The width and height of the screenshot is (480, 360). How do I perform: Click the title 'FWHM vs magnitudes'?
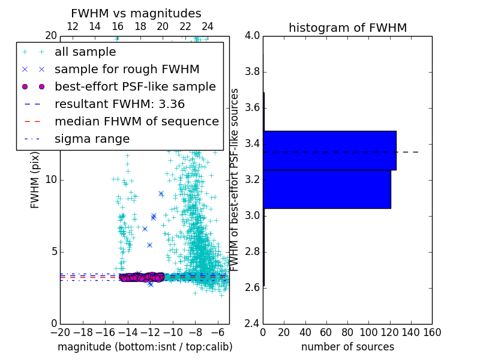pyautogui.click(x=136, y=14)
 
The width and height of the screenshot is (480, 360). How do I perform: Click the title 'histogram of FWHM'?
pyautogui.click(x=347, y=28)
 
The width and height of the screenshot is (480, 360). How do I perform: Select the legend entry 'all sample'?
pyautogui.click(x=85, y=52)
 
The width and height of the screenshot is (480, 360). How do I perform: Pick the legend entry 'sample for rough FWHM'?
pyautogui.click(x=127, y=69)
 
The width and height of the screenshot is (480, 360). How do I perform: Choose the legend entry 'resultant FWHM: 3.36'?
pyautogui.click(x=119, y=104)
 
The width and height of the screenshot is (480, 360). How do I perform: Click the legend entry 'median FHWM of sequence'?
pyautogui.click(x=136, y=121)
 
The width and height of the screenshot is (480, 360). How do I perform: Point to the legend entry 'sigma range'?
pyautogui.click(x=92, y=139)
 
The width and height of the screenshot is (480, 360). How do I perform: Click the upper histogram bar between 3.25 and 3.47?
pyautogui.click(x=329, y=150)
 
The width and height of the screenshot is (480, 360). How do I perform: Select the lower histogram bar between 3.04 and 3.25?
pyautogui.click(x=327, y=189)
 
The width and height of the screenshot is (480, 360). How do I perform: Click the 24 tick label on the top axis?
pyautogui.click(x=208, y=26)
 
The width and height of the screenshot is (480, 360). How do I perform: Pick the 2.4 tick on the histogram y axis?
pyautogui.click(x=253, y=323)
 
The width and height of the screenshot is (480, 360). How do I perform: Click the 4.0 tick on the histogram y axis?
pyautogui.click(x=253, y=36)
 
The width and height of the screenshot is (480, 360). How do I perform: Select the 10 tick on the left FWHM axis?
pyautogui.click(x=50, y=180)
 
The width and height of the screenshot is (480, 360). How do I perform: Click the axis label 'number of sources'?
pyautogui.click(x=347, y=347)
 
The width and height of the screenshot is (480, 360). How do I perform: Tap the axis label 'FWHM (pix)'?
pyautogui.click(x=35, y=180)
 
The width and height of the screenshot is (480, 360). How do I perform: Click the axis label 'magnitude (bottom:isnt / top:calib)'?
pyautogui.click(x=145, y=347)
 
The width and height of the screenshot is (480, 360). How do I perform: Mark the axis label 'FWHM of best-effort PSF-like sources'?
pyautogui.click(x=235, y=179)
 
